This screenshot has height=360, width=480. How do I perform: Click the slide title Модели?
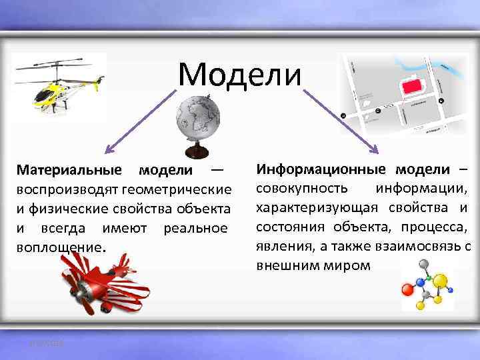pyautogui.click(x=239, y=74)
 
